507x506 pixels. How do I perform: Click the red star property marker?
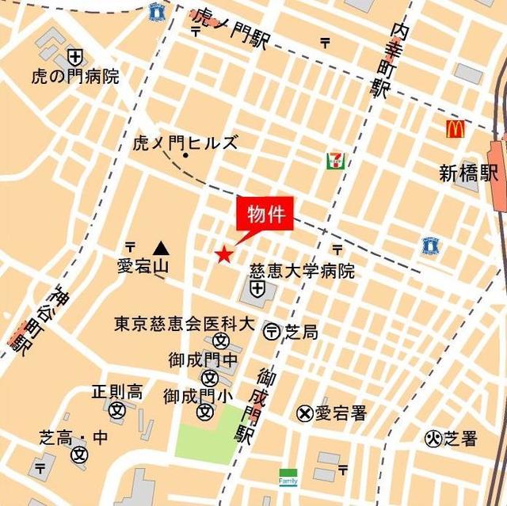[224, 254]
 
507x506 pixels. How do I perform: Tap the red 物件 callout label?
[265, 214]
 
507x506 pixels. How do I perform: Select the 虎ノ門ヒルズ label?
[185, 143]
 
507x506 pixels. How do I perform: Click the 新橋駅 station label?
[470, 173]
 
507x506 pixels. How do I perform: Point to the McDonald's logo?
[455, 129]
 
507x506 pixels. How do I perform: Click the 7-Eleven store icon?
[335, 161]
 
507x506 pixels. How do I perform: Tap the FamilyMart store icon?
[287, 477]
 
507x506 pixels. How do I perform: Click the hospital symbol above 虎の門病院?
[75, 56]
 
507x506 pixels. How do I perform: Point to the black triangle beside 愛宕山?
[162, 248]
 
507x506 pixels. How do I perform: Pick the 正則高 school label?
[116, 391]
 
